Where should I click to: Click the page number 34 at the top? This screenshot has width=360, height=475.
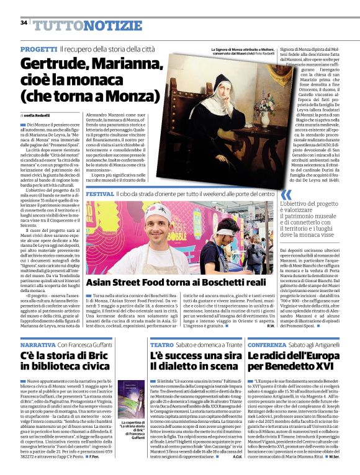(x=24, y=23)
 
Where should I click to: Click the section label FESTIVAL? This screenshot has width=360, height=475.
(x=100, y=194)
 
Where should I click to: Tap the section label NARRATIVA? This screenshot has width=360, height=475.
(x=38, y=344)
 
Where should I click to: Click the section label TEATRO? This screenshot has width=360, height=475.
(x=162, y=344)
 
